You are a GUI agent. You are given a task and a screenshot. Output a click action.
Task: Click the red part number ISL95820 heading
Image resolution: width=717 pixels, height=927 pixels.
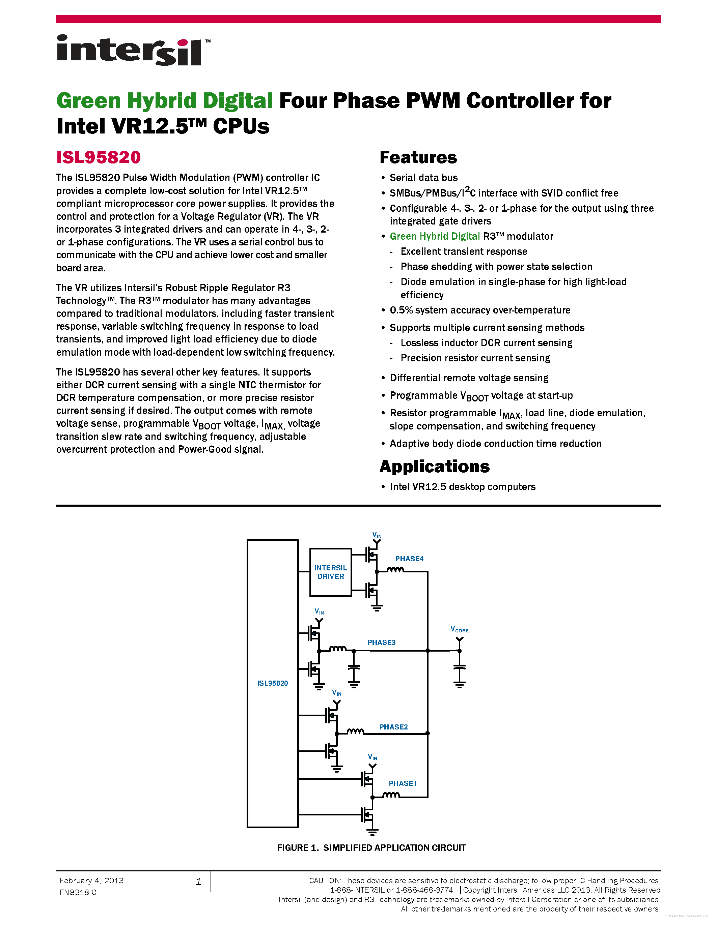click(x=98, y=157)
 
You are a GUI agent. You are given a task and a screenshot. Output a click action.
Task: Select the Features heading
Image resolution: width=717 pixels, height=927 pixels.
click(x=418, y=157)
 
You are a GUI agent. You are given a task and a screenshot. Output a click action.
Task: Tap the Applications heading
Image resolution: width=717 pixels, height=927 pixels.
click(x=434, y=467)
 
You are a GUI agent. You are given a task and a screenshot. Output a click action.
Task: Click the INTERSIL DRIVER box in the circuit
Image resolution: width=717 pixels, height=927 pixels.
click(x=330, y=572)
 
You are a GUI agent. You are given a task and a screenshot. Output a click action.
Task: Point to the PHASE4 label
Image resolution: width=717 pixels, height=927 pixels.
click(x=409, y=559)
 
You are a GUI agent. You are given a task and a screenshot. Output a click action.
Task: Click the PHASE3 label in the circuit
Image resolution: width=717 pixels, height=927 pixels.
click(x=381, y=642)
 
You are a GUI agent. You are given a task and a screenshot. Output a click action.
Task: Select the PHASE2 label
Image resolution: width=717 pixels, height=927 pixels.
click(x=393, y=727)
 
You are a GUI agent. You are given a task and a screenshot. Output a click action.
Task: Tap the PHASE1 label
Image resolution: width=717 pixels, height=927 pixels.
click(x=402, y=783)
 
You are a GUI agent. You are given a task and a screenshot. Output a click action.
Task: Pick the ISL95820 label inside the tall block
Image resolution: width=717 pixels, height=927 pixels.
click(x=272, y=683)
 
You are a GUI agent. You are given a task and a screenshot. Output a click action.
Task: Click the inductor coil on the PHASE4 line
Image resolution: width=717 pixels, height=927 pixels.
click(x=395, y=570)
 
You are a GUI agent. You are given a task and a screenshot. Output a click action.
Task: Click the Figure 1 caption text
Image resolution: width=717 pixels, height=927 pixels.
click(x=371, y=848)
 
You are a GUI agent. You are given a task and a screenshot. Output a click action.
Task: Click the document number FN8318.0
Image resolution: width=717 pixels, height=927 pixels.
click(x=78, y=893)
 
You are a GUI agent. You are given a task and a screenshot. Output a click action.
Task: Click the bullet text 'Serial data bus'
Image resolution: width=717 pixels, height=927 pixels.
click(x=423, y=178)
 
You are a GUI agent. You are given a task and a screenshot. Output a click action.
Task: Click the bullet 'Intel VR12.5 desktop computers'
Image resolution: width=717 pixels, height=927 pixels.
click(x=462, y=487)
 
